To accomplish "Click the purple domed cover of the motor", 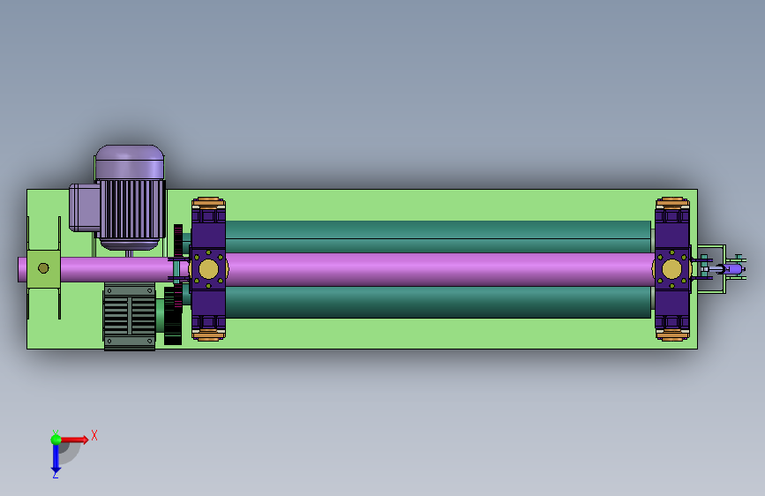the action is [x=130, y=162].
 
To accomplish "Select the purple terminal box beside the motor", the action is [x=85, y=207].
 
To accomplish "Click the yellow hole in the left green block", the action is [x=43, y=268].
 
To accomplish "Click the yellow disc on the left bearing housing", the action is [x=208, y=269].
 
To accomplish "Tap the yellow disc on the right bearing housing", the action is [x=671, y=269].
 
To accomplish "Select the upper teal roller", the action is [x=438, y=237].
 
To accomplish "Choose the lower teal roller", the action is [x=438, y=302].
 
